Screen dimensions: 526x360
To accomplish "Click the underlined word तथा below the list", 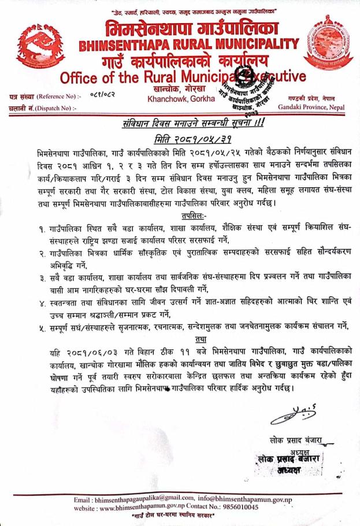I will [x=184, y=339].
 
